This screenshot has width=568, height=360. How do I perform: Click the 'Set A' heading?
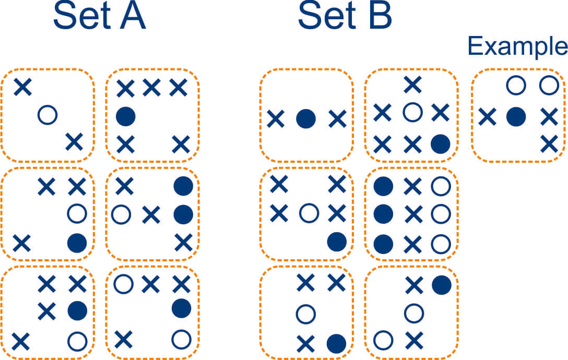point(99,18)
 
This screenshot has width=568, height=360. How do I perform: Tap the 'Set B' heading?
point(345,18)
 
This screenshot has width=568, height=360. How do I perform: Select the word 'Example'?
point(517,46)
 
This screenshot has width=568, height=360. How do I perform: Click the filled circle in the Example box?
point(516,116)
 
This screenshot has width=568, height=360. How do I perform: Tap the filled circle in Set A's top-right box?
point(125,116)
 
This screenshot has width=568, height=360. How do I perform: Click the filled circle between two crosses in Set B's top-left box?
point(306,119)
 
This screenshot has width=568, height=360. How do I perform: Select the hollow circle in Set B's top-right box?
point(412,111)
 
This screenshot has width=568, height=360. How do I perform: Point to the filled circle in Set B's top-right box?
point(440,143)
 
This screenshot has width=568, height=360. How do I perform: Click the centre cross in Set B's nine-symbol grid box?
point(413,213)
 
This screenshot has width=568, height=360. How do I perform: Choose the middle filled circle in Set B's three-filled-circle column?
point(384,213)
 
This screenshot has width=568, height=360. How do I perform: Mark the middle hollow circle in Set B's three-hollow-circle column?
point(441,213)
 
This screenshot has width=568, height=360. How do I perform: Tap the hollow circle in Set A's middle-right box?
point(121,214)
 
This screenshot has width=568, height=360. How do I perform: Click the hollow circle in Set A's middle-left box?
point(77,213)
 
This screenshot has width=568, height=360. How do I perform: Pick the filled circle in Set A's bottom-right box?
point(181,308)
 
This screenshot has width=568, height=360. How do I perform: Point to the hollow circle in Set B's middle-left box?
point(309,213)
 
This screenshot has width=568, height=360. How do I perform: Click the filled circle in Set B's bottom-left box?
point(336,343)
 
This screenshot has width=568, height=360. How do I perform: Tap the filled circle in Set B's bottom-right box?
point(441,284)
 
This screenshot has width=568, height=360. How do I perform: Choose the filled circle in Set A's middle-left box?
point(77,242)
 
